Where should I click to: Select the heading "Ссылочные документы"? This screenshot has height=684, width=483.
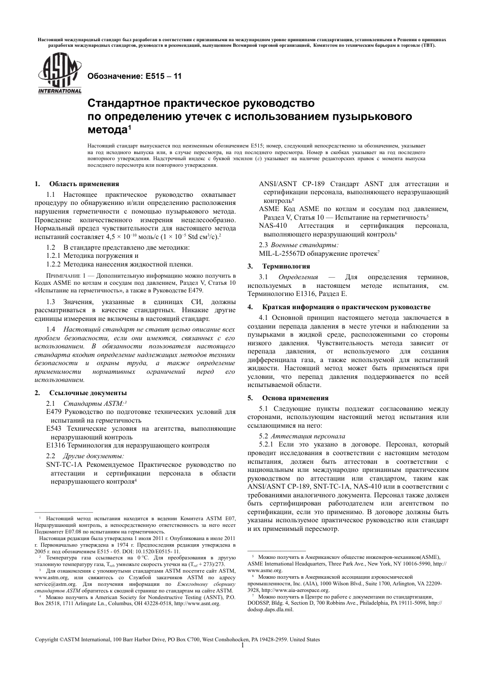[88, 393]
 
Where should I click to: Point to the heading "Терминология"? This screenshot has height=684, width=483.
[286, 266]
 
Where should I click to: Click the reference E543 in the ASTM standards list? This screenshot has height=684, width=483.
[54, 429]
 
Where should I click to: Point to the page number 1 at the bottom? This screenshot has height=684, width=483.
[243, 646]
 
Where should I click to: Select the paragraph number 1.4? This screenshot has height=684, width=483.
[51, 329]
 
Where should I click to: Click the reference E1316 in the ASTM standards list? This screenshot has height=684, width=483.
[55, 445]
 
